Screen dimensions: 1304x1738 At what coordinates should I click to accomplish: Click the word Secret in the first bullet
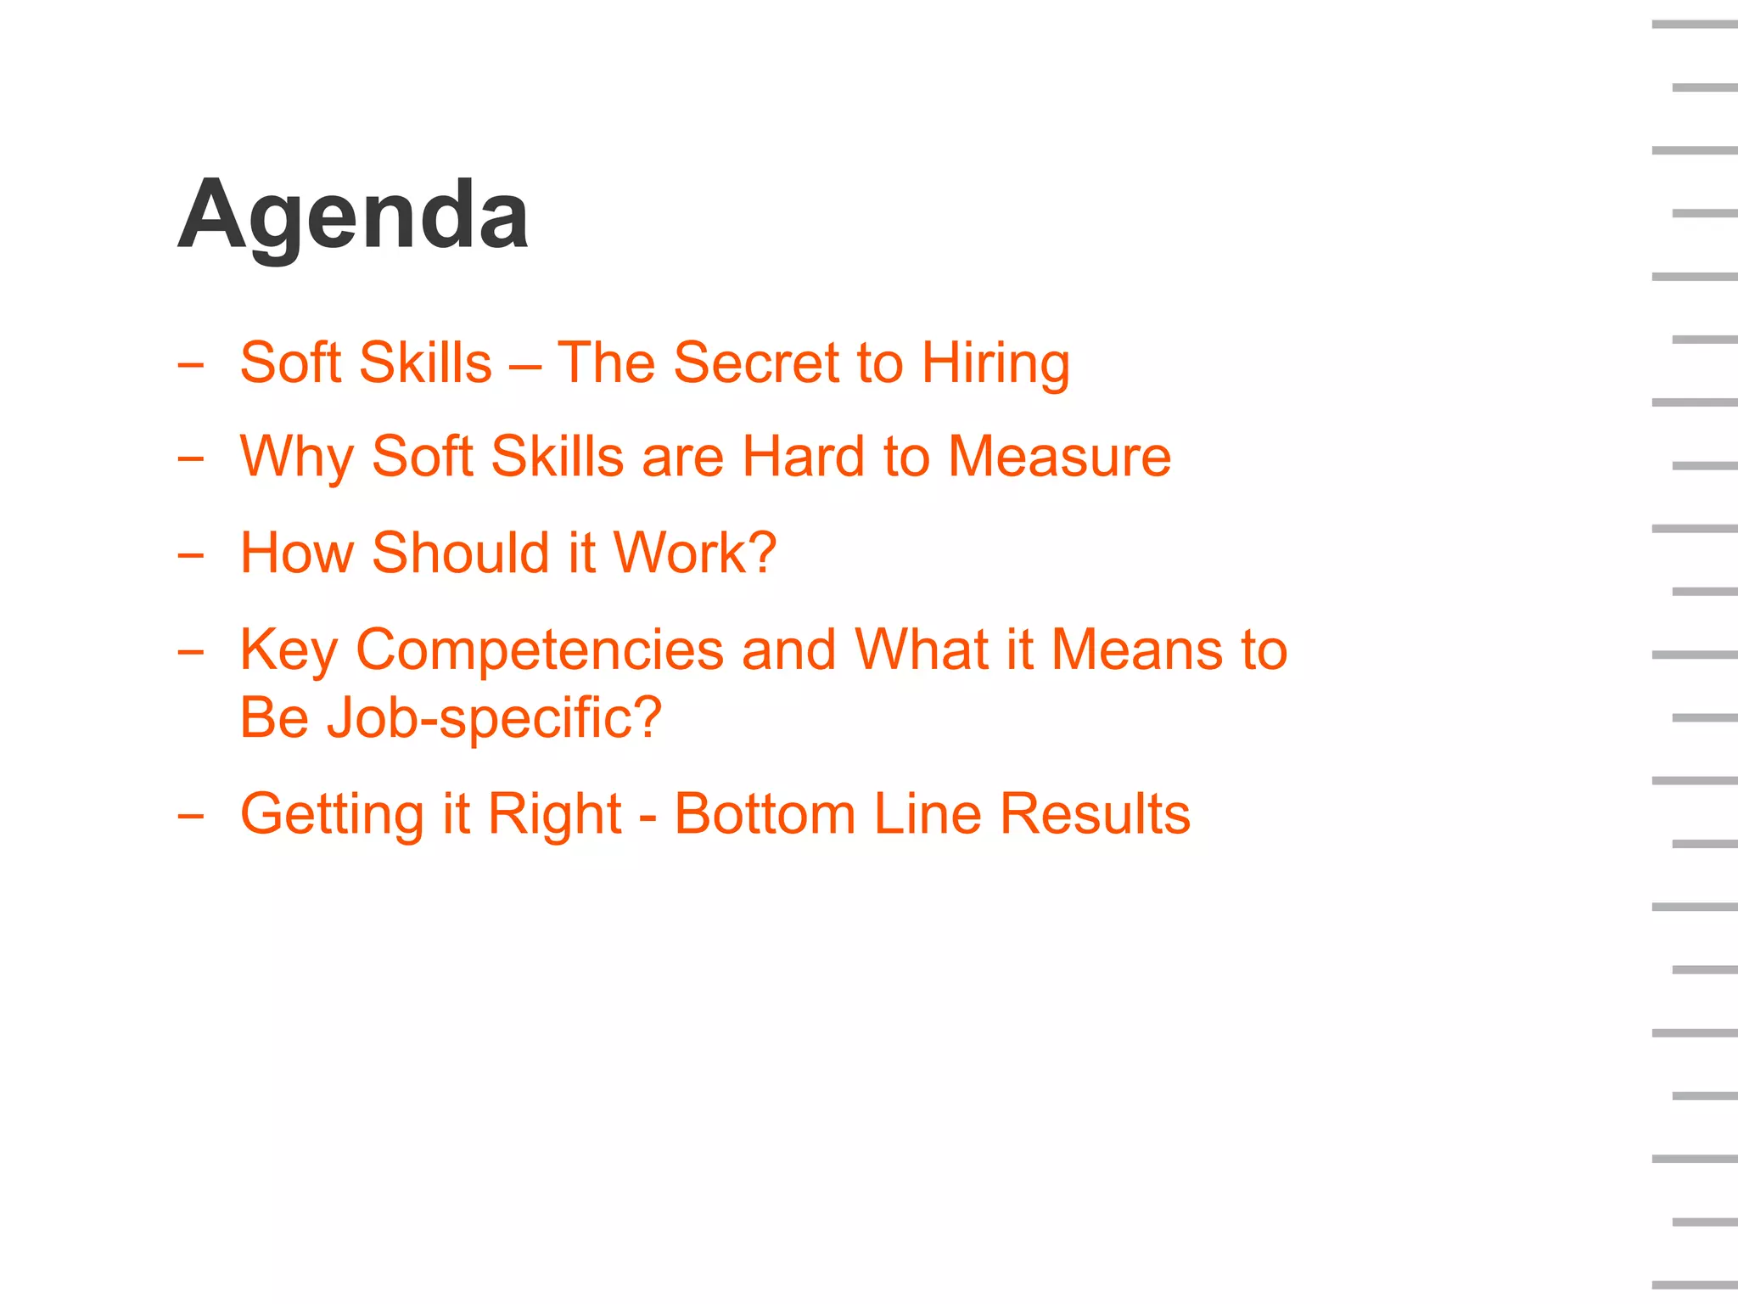(x=755, y=363)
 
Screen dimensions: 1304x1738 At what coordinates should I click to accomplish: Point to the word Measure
(x=1059, y=457)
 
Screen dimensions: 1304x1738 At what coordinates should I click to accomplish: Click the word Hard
(x=803, y=457)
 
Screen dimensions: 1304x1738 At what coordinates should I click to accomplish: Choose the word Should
(x=461, y=553)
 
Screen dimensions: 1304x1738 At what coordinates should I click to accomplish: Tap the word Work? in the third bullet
(x=694, y=553)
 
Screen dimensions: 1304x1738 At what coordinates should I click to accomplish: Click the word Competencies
(x=539, y=650)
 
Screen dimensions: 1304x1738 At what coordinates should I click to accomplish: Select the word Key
(x=289, y=650)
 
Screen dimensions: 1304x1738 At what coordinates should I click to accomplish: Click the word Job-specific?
(x=494, y=718)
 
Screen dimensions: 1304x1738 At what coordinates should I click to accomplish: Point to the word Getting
(x=332, y=815)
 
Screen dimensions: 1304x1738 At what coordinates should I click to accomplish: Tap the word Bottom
(x=765, y=814)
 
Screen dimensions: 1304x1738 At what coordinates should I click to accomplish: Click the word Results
(x=1095, y=814)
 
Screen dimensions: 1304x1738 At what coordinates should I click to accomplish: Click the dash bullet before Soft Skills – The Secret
(x=191, y=366)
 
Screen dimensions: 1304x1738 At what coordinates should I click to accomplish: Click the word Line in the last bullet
(x=927, y=814)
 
